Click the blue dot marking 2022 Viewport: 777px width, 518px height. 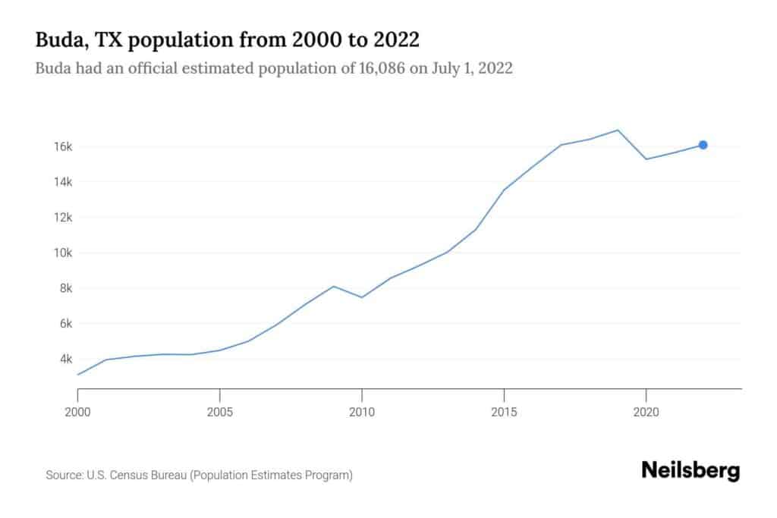703,145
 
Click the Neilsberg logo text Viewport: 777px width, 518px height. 690,470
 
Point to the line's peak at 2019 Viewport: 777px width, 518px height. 618,130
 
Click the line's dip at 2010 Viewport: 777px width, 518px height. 362,297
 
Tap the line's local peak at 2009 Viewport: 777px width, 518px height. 333,286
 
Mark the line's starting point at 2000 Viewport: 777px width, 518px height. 78,375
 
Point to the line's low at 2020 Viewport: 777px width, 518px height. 646,159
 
